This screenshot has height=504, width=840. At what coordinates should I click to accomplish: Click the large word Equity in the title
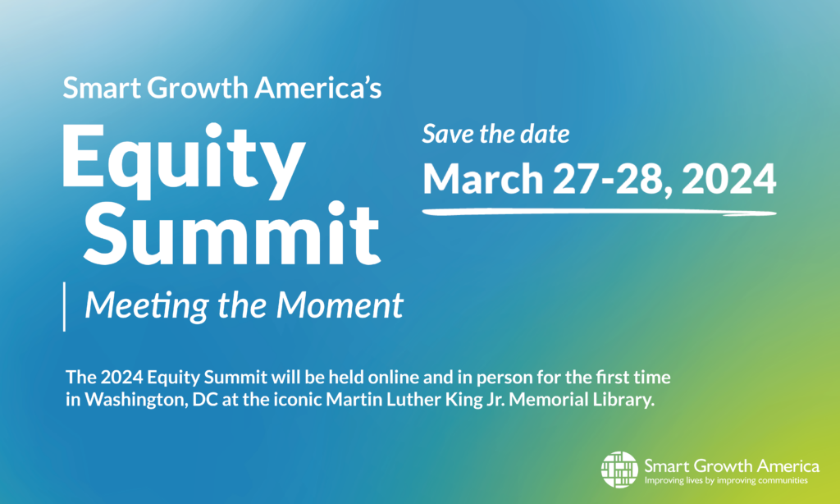[183, 161]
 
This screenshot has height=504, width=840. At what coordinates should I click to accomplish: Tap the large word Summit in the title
[232, 234]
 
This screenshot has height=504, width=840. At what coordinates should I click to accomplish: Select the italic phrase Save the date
[495, 134]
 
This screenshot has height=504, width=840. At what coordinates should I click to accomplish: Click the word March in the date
[483, 178]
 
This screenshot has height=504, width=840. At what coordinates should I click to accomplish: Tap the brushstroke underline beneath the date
[599, 213]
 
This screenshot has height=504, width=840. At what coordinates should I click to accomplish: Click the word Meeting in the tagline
[147, 306]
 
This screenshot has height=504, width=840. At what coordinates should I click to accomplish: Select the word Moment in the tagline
[340, 305]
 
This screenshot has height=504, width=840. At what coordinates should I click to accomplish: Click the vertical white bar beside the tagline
[64, 307]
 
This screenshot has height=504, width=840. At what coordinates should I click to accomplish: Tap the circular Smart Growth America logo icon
[620, 470]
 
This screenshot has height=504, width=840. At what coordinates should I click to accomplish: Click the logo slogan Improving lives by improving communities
[726, 480]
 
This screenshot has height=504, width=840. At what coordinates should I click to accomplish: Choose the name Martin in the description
[351, 400]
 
